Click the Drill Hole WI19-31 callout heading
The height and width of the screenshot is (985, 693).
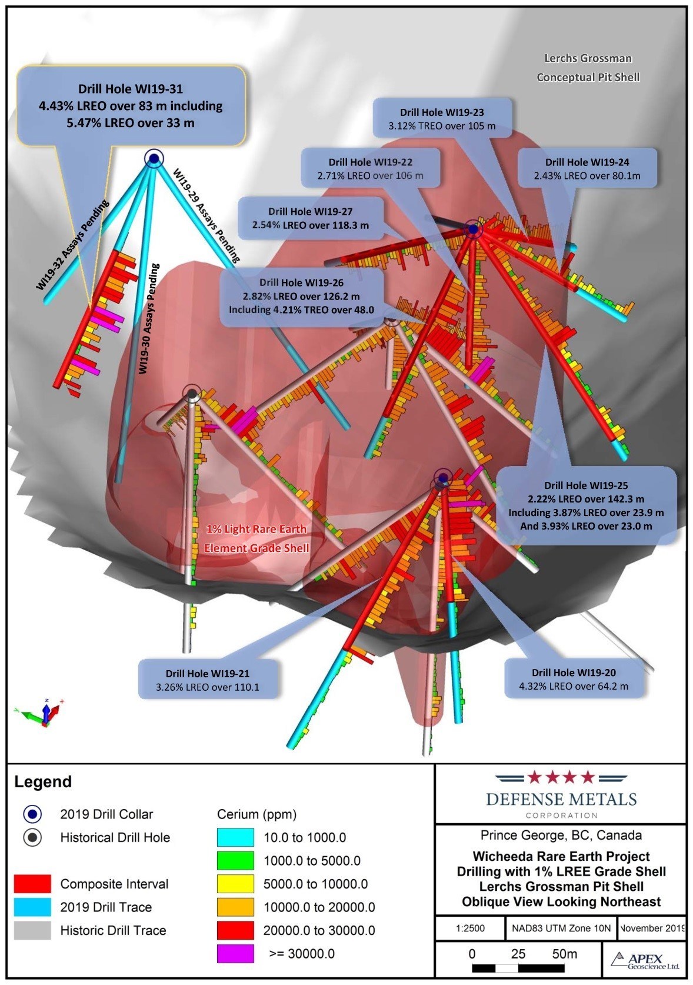click(131, 89)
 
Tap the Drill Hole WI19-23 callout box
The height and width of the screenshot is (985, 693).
click(442, 119)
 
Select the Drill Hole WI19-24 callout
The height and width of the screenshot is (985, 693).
click(587, 169)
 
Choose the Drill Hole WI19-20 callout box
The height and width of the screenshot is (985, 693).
click(573, 679)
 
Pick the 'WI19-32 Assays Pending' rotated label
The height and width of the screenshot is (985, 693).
click(73, 245)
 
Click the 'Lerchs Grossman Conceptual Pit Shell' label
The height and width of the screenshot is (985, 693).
click(588, 68)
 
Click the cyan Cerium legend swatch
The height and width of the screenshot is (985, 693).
click(235, 837)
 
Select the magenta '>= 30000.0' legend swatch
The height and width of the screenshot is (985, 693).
click(235, 953)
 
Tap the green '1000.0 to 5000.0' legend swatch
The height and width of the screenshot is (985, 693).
click(235, 861)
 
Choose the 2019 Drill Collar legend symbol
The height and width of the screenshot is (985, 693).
click(33, 814)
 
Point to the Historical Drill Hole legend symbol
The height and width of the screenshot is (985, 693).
click(33, 837)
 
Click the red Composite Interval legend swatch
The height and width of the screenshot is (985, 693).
click(32, 884)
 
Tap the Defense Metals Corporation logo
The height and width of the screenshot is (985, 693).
click(561, 794)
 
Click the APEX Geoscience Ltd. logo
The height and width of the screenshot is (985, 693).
click(645, 961)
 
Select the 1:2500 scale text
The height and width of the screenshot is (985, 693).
click(470, 929)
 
